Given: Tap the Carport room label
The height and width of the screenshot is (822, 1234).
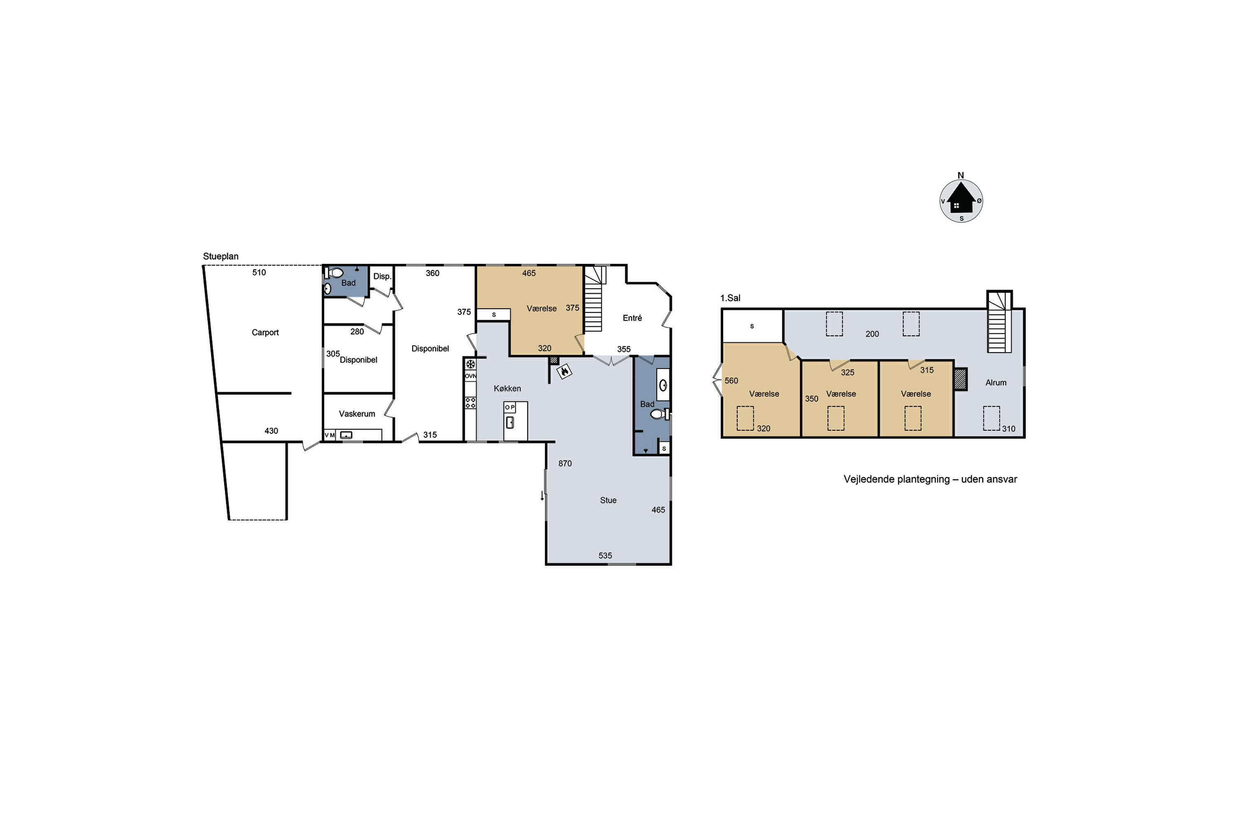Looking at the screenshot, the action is (265, 332).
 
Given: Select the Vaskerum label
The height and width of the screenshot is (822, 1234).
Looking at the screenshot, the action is (357, 413).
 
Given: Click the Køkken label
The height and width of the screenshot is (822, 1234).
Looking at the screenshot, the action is (507, 388).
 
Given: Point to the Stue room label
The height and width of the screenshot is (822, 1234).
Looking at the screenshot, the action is (608, 500).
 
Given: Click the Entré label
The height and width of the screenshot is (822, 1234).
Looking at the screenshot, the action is (632, 318).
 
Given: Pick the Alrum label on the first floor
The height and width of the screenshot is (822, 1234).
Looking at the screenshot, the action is (996, 383).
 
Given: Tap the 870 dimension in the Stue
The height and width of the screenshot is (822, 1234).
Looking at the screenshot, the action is (565, 464).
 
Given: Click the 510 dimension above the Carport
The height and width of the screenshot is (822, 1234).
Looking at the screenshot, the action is (259, 272).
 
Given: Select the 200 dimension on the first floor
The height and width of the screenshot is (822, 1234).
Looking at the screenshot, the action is (872, 334).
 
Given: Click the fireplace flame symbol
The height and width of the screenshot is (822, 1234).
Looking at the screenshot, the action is (564, 372).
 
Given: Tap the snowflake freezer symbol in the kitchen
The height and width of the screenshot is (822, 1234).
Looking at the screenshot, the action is (471, 364).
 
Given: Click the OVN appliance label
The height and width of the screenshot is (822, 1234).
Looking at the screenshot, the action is (471, 376).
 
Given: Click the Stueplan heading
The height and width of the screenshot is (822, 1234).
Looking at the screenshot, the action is (220, 256).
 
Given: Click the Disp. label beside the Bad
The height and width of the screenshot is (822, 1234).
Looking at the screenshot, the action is (383, 276).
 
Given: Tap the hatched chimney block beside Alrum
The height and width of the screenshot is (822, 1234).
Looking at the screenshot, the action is (960, 379).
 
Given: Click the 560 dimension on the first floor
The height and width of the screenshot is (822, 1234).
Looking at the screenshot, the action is (731, 381).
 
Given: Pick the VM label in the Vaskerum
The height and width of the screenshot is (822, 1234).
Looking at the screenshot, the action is (329, 435).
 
